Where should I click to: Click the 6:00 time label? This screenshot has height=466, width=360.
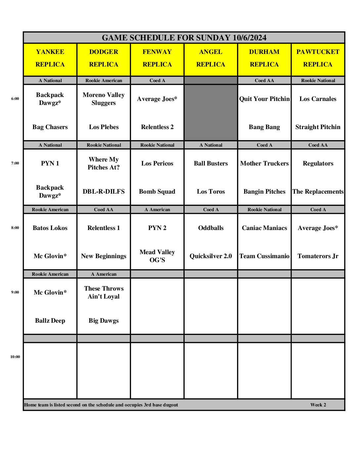(15, 99)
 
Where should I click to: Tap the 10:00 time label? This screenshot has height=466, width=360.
(15, 357)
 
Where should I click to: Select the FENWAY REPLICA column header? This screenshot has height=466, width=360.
(157, 58)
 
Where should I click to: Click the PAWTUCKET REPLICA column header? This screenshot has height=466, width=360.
(318, 58)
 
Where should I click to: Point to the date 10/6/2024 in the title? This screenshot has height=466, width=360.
(249, 38)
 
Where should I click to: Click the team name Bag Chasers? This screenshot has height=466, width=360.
(50, 127)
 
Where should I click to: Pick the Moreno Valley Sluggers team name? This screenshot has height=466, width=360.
(104, 99)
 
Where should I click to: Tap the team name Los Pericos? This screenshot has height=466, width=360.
(157, 163)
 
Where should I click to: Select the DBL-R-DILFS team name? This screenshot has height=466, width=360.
(104, 192)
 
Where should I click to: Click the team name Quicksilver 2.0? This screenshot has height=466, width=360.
(211, 256)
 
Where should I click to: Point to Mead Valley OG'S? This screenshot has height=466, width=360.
(157, 256)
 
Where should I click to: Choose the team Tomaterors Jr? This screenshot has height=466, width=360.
(318, 256)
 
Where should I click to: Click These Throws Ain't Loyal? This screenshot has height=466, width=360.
(104, 293)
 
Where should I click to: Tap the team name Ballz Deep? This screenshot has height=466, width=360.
(50, 321)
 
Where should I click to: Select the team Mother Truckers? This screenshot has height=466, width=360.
(264, 163)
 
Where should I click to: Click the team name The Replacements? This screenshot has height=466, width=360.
(318, 192)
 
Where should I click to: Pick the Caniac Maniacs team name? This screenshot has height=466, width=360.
(264, 228)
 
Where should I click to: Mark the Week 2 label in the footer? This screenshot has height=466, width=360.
(318, 405)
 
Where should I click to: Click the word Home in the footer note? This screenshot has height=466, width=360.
(30, 405)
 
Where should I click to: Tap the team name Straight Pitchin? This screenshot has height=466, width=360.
(318, 127)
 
